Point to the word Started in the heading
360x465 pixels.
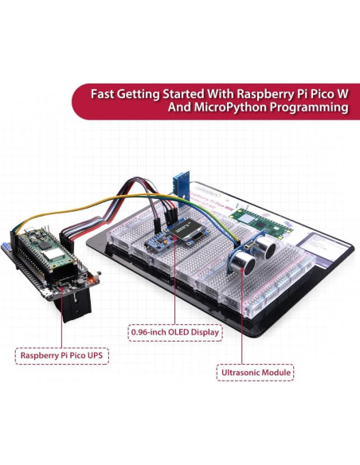coord(175,93)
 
